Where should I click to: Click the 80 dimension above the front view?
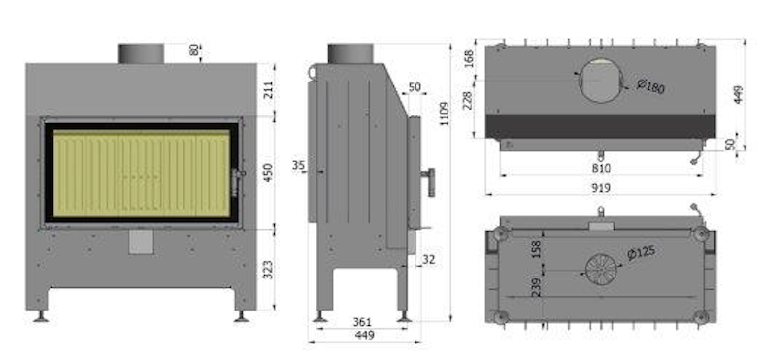pos(194,49)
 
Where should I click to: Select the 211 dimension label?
pos(269,90)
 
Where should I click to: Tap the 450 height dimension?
pos(268,173)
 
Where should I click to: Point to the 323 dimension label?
pos(268,270)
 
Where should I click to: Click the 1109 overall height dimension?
pos(445,114)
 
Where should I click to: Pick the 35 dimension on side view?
pos(298,166)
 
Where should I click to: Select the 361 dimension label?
pos(362,322)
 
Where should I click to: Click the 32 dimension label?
pos(428,260)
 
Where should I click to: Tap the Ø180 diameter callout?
pos(650,86)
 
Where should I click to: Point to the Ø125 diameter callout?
pos(642,253)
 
